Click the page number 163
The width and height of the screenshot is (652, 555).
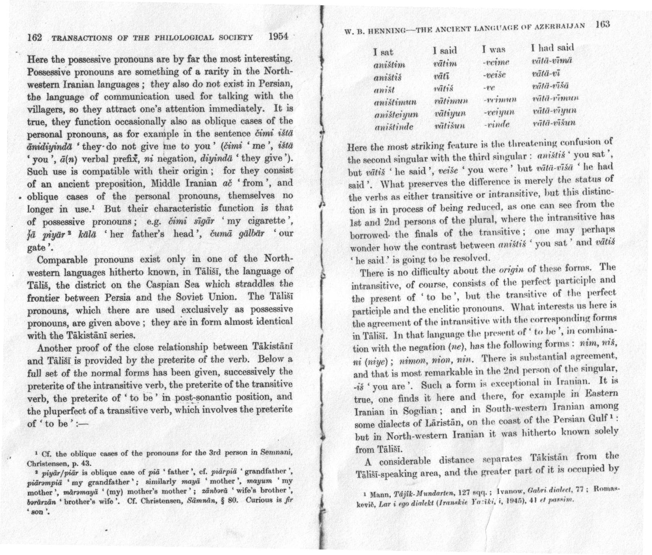[602, 24]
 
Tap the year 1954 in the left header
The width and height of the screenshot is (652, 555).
[278, 36]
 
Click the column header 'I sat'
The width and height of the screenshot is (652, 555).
[383, 52]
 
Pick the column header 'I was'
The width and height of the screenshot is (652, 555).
[493, 50]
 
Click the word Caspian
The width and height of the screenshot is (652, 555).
[161, 284]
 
